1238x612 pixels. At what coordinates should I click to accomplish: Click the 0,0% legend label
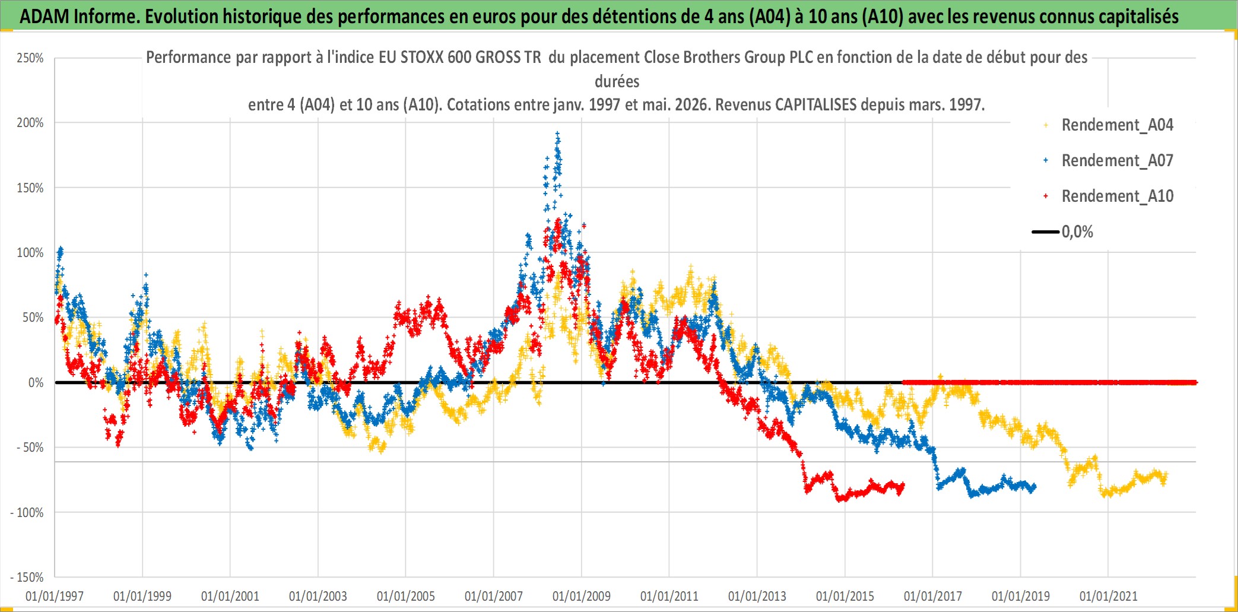[1077, 232]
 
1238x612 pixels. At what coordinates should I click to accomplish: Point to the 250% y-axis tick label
[30, 58]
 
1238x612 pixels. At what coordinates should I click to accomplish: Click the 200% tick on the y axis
[30, 123]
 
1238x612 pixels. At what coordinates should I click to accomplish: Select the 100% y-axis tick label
[30, 253]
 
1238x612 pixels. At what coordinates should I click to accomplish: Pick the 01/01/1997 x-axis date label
[55, 596]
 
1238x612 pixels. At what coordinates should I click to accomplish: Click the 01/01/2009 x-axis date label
[582, 596]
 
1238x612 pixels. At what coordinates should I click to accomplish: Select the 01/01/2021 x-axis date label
[1109, 596]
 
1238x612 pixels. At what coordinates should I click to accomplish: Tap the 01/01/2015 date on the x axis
[845, 596]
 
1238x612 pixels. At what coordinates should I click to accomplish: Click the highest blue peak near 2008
[557, 133]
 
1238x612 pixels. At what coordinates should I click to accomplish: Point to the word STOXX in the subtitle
[422, 57]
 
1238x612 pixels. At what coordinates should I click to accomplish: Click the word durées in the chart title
[617, 81]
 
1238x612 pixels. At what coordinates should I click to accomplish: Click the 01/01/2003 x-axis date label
[318, 596]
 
